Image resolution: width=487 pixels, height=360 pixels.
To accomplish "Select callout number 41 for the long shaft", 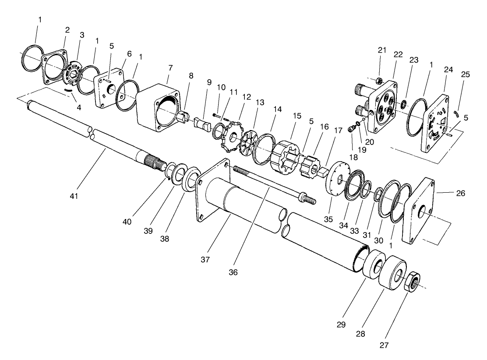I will click(74, 196).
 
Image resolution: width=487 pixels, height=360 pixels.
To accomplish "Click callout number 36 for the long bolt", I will click(233, 272).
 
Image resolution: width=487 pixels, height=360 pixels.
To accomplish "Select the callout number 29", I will click(341, 325).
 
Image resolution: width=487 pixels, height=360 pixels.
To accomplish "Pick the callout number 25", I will click(465, 74).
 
